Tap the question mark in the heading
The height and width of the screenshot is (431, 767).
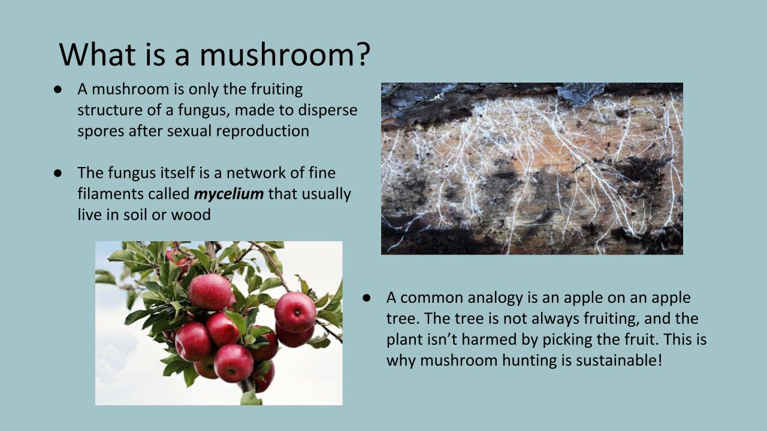point(361,54)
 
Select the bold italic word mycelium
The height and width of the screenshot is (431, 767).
point(229,194)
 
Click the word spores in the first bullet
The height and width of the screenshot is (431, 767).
point(101,131)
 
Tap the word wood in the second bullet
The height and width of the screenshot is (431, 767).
point(191,214)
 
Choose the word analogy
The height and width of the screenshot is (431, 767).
point(487,298)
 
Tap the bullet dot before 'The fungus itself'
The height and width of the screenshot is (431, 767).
point(58,173)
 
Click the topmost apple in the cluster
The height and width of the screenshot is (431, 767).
point(209,291)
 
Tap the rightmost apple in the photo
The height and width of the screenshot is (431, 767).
point(295,312)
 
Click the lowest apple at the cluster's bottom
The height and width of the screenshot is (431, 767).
point(233,363)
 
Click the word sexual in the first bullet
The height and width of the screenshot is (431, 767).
point(193,131)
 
